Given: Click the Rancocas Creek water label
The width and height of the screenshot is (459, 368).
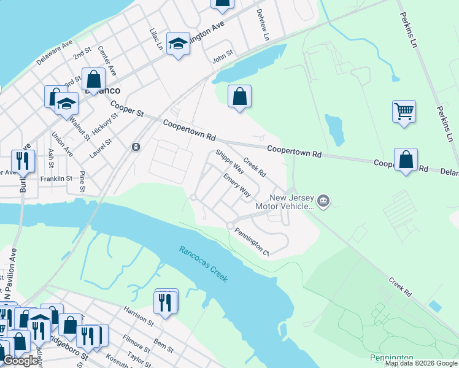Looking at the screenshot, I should tap(203, 264).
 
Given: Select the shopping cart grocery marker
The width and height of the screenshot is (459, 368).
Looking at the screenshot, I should tap(404, 112).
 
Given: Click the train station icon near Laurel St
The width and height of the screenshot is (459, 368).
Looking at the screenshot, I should tap(136, 147).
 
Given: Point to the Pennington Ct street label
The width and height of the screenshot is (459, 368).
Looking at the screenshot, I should tap(252, 241).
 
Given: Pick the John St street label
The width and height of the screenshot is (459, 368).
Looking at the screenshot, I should tap(223, 57).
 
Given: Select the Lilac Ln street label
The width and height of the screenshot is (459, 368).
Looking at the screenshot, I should tap(157, 39).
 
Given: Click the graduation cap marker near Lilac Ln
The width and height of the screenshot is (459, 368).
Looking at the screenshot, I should tap(178, 44).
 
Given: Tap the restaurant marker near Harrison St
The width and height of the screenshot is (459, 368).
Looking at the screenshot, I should tap(166, 302).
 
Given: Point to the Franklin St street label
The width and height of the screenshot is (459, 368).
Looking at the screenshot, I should tap(56, 178).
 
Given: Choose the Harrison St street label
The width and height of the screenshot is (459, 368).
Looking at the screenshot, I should tap(138, 315).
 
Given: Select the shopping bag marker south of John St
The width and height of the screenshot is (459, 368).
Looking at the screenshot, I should tap(239, 97).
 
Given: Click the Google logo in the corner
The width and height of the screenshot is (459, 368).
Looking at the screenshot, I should tap(20, 361).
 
